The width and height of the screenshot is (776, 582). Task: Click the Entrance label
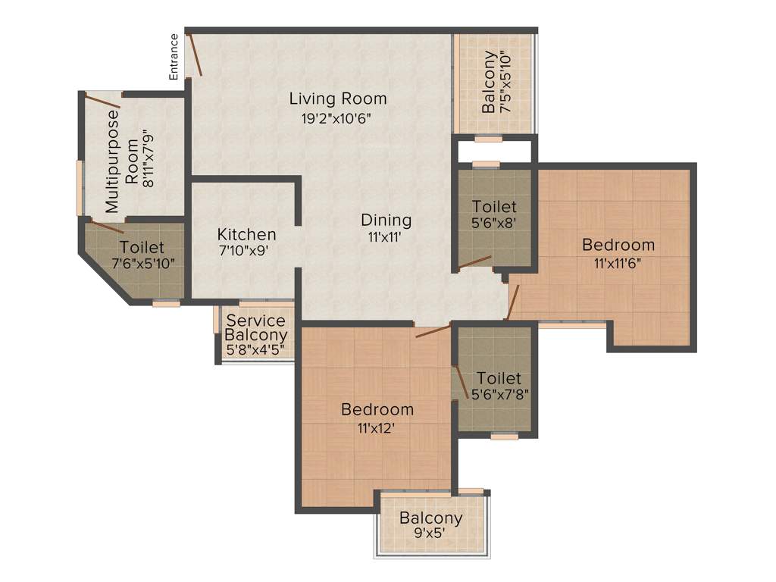(174, 57)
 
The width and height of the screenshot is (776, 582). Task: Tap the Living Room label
(338, 99)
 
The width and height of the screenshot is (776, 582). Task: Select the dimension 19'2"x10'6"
(335, 118)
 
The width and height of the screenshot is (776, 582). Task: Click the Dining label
(386, 220)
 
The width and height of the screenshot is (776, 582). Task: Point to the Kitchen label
(246, 234)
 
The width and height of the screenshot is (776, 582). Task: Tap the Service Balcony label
(256, 327)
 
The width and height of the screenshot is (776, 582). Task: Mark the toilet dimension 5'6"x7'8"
(499, 394)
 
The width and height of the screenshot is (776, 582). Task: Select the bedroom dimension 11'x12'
(377, 427)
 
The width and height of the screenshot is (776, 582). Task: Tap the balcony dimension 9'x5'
(430, 533)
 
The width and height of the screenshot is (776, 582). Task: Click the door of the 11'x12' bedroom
(433, 330)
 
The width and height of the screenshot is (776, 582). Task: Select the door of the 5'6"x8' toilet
(474, 262)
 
